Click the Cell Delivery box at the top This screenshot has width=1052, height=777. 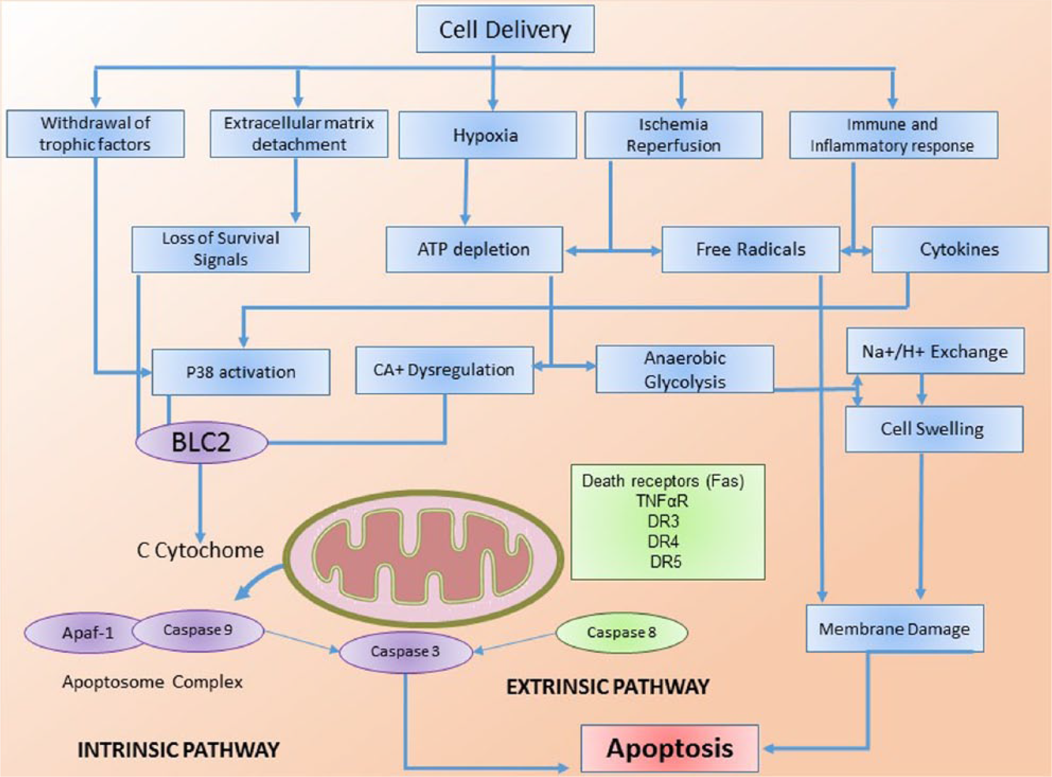505,29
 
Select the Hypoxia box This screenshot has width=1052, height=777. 487,135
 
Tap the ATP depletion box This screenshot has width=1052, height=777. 474,249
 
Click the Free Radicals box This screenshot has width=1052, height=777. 750,249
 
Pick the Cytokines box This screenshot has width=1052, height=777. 960,249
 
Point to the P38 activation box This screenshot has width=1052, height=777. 241,372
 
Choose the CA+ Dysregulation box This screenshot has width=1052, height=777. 445,370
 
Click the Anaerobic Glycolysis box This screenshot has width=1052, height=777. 685,369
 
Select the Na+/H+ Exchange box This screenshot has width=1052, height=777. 935,351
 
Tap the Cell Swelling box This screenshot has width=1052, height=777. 933,429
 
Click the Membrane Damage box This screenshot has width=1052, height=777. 895,629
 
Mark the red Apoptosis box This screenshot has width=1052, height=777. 670,748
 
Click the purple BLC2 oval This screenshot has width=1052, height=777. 202,442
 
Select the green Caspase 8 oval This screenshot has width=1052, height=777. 622,633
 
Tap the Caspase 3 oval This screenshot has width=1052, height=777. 406,652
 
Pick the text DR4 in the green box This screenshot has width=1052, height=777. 664,541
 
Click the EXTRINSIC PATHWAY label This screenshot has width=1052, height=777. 608,687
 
